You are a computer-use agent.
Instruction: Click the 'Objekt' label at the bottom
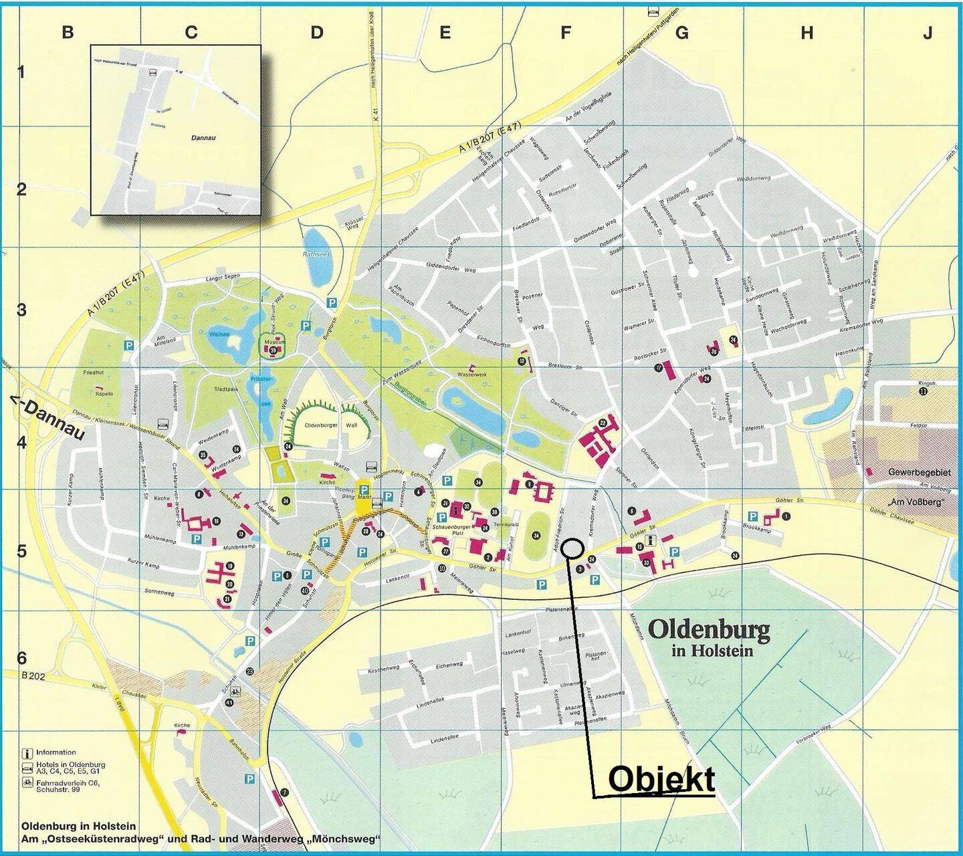(x=661, y=779)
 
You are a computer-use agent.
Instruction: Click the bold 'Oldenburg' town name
(x=709, y=629)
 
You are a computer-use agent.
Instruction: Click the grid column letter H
(x=807, y=32)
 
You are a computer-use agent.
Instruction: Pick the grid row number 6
(x=21, y=658)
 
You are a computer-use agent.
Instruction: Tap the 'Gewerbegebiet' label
(x=919, y=472)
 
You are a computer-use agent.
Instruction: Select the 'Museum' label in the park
(x=275, y=342)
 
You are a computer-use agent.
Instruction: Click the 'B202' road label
(x=32, y=676)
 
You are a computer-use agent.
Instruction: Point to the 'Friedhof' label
(x=94, y=372)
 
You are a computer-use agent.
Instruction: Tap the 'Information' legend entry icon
(x=28, y=752)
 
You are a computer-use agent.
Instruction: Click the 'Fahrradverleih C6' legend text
(x=68, y=782)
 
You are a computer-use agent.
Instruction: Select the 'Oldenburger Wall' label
(x=330, y=425)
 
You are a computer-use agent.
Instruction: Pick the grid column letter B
(x=68, y=32)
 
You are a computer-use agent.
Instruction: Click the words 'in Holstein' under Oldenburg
(x=712, y=650)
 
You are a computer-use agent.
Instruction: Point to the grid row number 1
(x=21, y=72)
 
